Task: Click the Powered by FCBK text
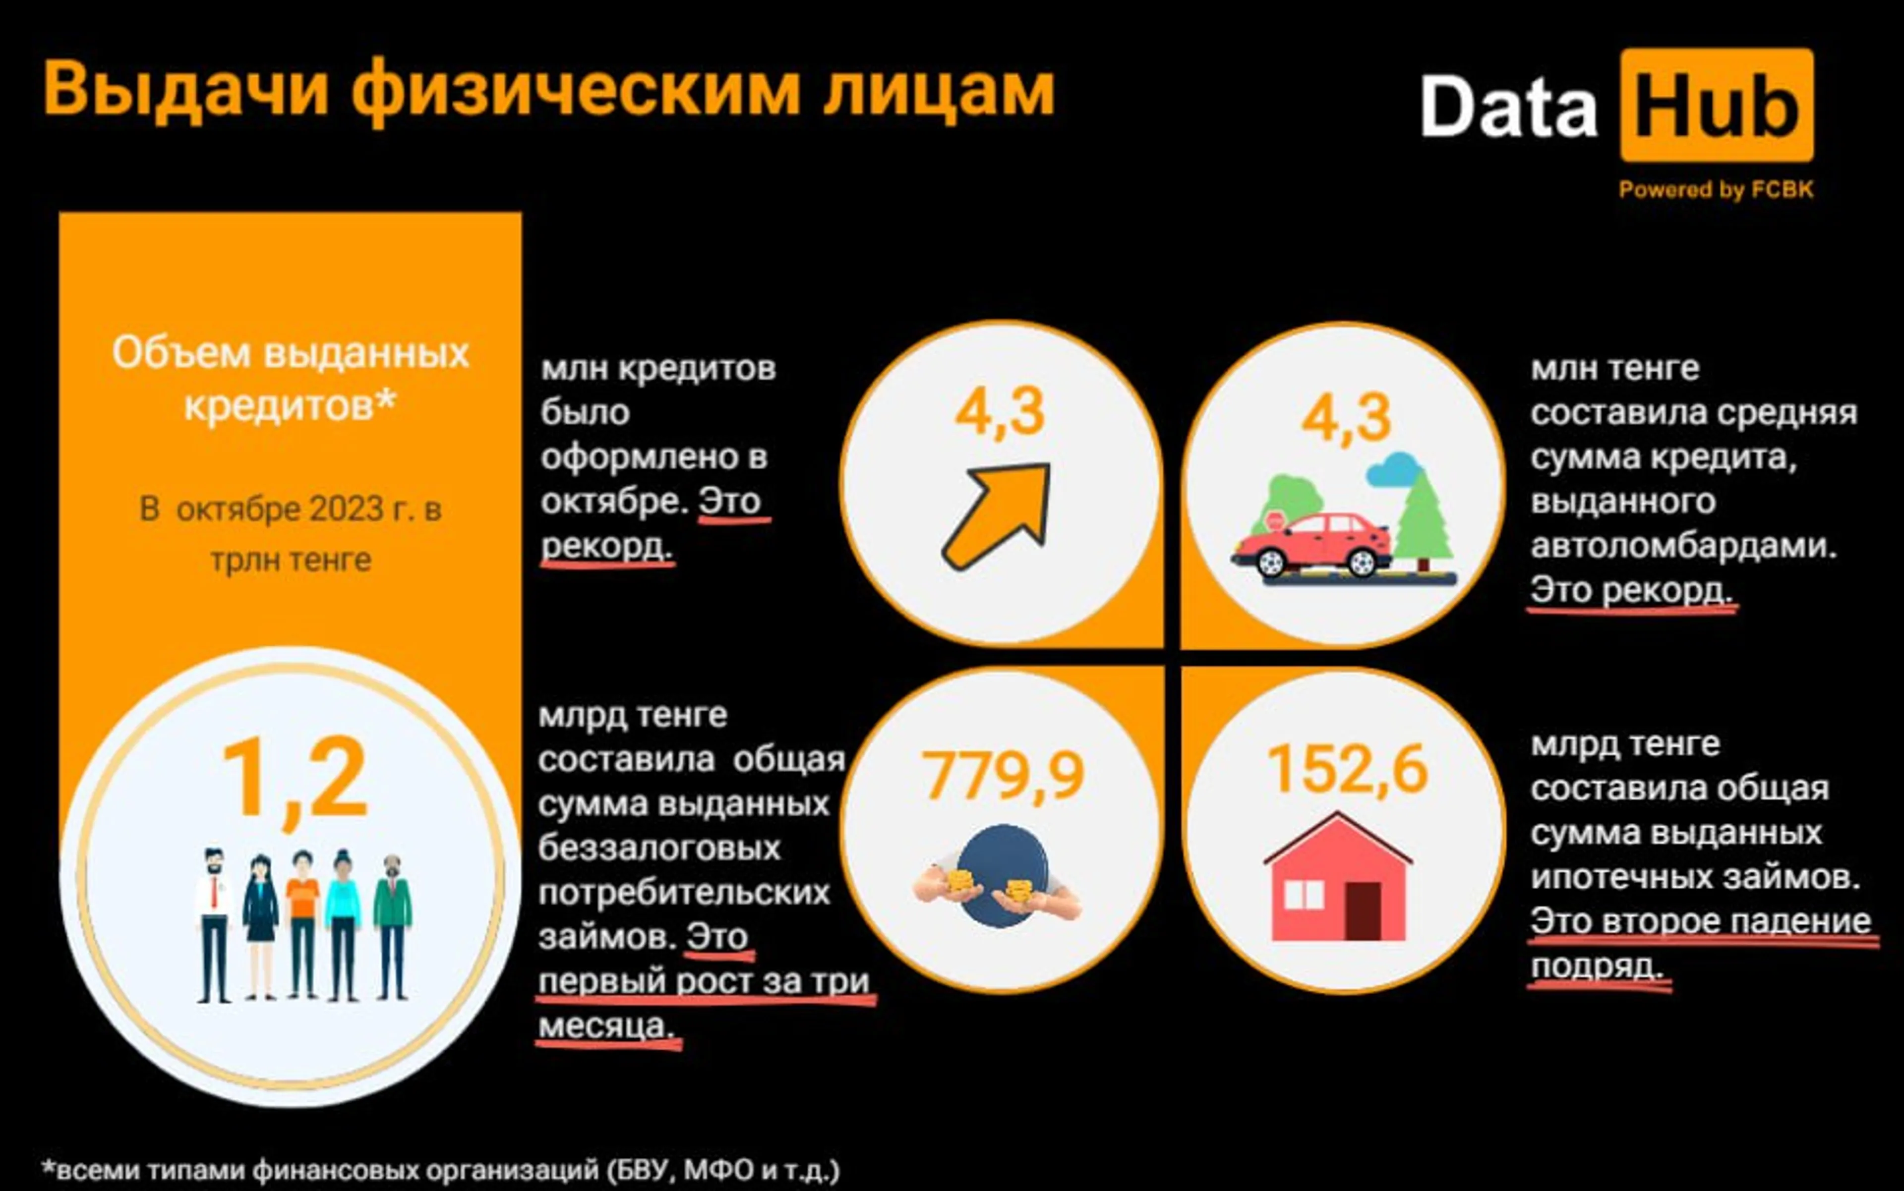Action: coord(1716,190)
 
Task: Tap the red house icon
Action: coord(1337,878)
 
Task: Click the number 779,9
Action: coord(1003,776)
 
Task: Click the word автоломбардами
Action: coord(1682,546)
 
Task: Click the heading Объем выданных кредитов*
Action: coord(290,379)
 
